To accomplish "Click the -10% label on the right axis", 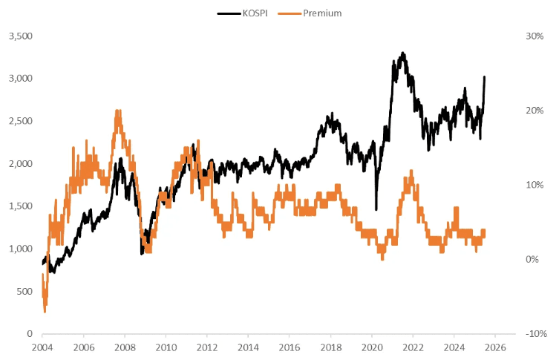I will pyautogui.click(x=534, y=334).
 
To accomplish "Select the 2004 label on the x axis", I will pyautogui.click(x=42, y=347).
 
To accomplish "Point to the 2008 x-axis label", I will pyautogui.click(x=125, y=347).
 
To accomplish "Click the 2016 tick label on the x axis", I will pyautogui.click(x=290, y=347).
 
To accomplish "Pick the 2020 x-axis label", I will pyautogui.click(x=372, y=347).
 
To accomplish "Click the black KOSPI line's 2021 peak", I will pyautogui.click(x=402, y=53).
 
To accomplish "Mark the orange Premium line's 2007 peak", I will pyautogui.click(x=117, y=111).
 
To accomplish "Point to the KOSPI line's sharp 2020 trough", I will pyautogui.click(x=376, y=209).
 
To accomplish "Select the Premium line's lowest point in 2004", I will pyautogui.click(x=45, y=311).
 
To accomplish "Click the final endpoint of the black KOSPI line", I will pyautogui.click(x=485, y=76).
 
